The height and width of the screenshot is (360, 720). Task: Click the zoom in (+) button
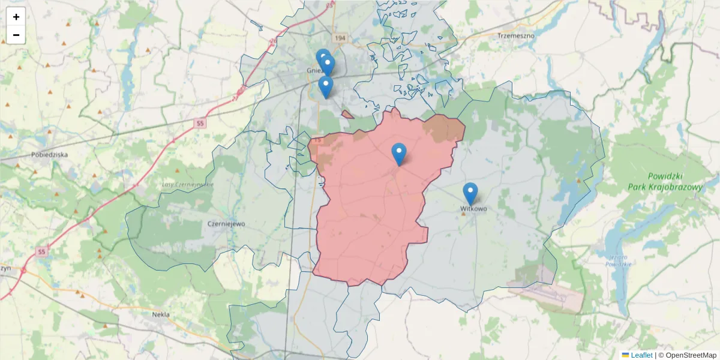click(x=16, y=17)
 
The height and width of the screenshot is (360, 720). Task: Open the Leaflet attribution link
click(x=641, y=355)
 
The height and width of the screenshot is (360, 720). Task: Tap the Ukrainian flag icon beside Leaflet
click(x=625, y=355)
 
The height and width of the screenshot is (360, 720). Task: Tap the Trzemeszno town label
click(x=515, y=35)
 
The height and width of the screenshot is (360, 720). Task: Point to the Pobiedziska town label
click(x=50, y=154)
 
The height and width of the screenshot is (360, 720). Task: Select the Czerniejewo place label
click(x=226, y=224)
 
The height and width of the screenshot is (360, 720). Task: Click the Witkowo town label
click(x=473, y=209)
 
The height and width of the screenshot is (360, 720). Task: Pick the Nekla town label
click(x=161, y=314)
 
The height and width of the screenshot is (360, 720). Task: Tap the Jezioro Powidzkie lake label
click(x=616, y=261)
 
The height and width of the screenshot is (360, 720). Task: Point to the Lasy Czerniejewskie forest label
click(x=188, y=184)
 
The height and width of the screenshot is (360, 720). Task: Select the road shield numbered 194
click(x=341, y=38)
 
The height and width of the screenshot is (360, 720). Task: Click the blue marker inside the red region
click(x=399, y=154)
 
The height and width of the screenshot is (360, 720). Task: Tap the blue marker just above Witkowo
click(x=470, y=193)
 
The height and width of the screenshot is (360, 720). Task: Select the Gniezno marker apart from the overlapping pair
click(x=325, y=86)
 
